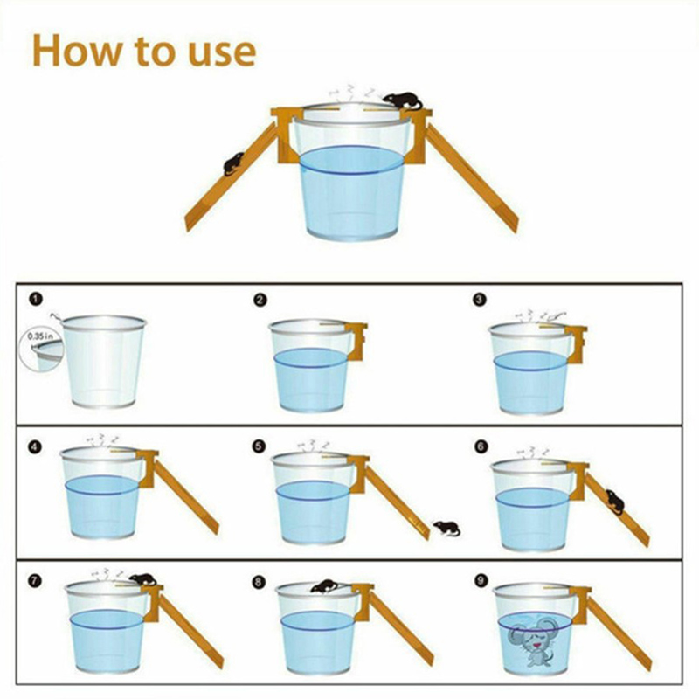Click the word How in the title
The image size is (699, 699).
77,50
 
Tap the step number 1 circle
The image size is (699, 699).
36,299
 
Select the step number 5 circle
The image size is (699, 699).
259,446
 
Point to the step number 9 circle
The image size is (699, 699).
480,580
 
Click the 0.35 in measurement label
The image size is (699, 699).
40,336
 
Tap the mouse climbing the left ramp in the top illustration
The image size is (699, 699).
233,163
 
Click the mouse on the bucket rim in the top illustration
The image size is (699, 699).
403,100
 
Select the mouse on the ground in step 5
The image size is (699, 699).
446,529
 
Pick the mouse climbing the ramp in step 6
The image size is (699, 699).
615,501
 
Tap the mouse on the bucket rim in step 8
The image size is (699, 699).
326,586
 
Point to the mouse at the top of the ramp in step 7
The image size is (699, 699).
142,579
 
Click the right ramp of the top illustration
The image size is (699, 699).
472,177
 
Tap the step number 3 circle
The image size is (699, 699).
479,300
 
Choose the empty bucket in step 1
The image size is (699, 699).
103,361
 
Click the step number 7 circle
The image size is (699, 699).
35,580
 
